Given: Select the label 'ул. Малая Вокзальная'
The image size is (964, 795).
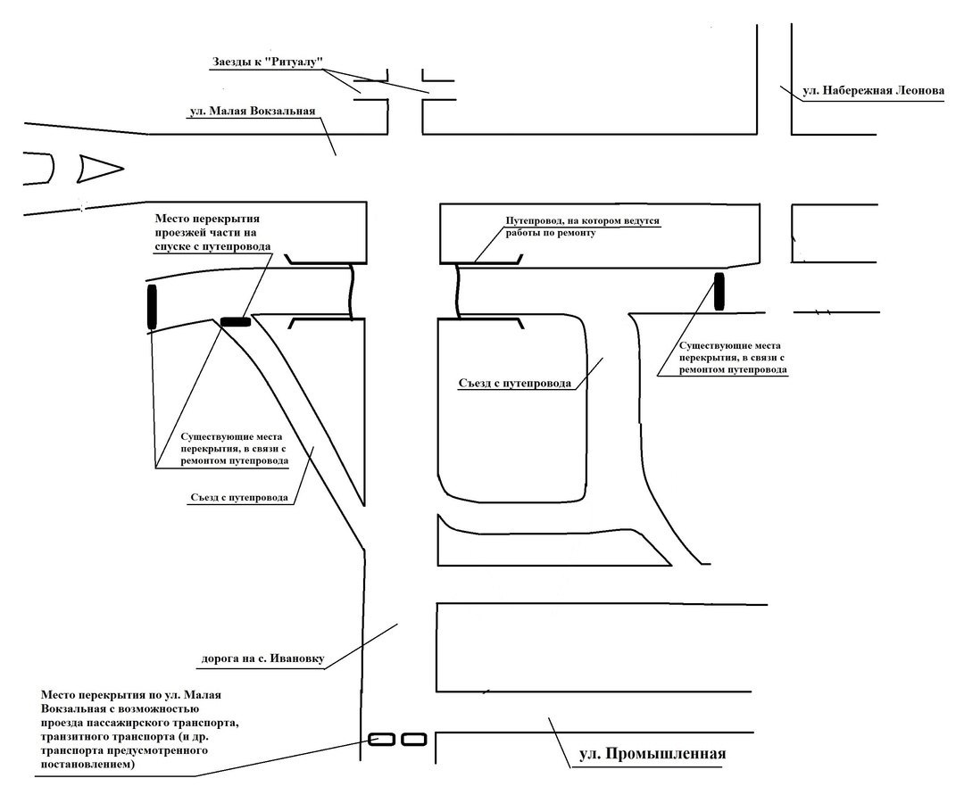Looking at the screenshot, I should click(x=253, y=112).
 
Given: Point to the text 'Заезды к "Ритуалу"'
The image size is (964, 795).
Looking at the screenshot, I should click(x=266, y=62).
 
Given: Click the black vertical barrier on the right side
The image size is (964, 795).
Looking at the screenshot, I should click(x=719, y=292).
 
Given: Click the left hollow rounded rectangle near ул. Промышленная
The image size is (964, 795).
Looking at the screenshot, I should click(x=381, y=739).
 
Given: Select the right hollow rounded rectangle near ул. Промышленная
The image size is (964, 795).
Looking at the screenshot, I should click(x=413, y=739).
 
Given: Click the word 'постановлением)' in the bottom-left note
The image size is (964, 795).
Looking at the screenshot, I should click(x=87, y=764).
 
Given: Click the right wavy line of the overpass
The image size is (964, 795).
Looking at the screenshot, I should click(x=458, y=291).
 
